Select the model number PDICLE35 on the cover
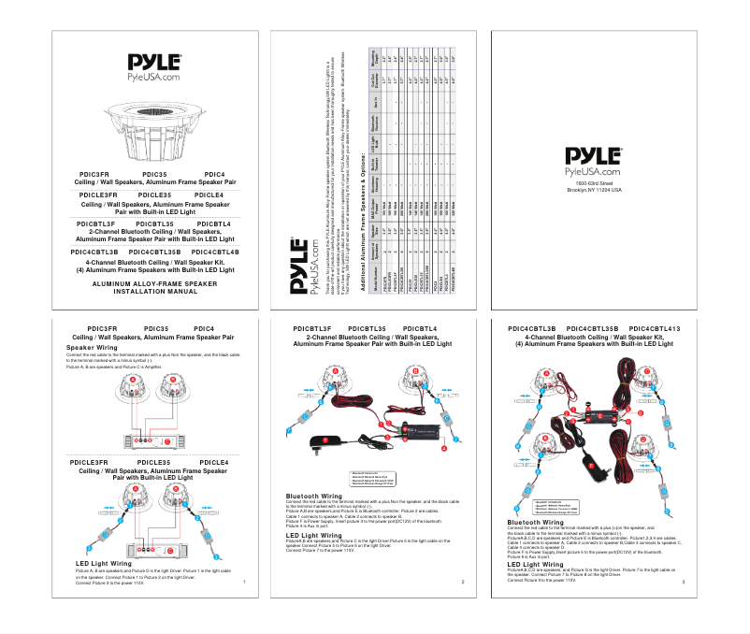(x=154, y=194)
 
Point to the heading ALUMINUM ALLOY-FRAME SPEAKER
(x=154, y=282)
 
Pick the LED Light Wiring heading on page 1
(x=104, y=564)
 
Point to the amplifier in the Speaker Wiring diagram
(x=155, y=440)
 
